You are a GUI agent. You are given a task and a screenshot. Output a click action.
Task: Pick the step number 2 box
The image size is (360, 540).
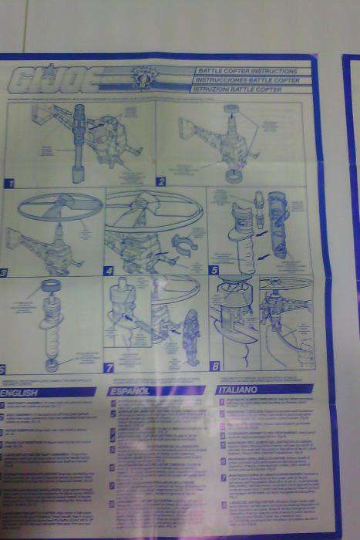[163, 182]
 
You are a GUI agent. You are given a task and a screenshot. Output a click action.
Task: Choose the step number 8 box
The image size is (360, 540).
[215, 366]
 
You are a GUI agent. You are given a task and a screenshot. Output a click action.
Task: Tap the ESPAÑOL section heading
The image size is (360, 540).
[130, 392]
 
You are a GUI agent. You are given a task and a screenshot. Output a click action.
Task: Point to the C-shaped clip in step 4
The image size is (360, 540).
[185, 249]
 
